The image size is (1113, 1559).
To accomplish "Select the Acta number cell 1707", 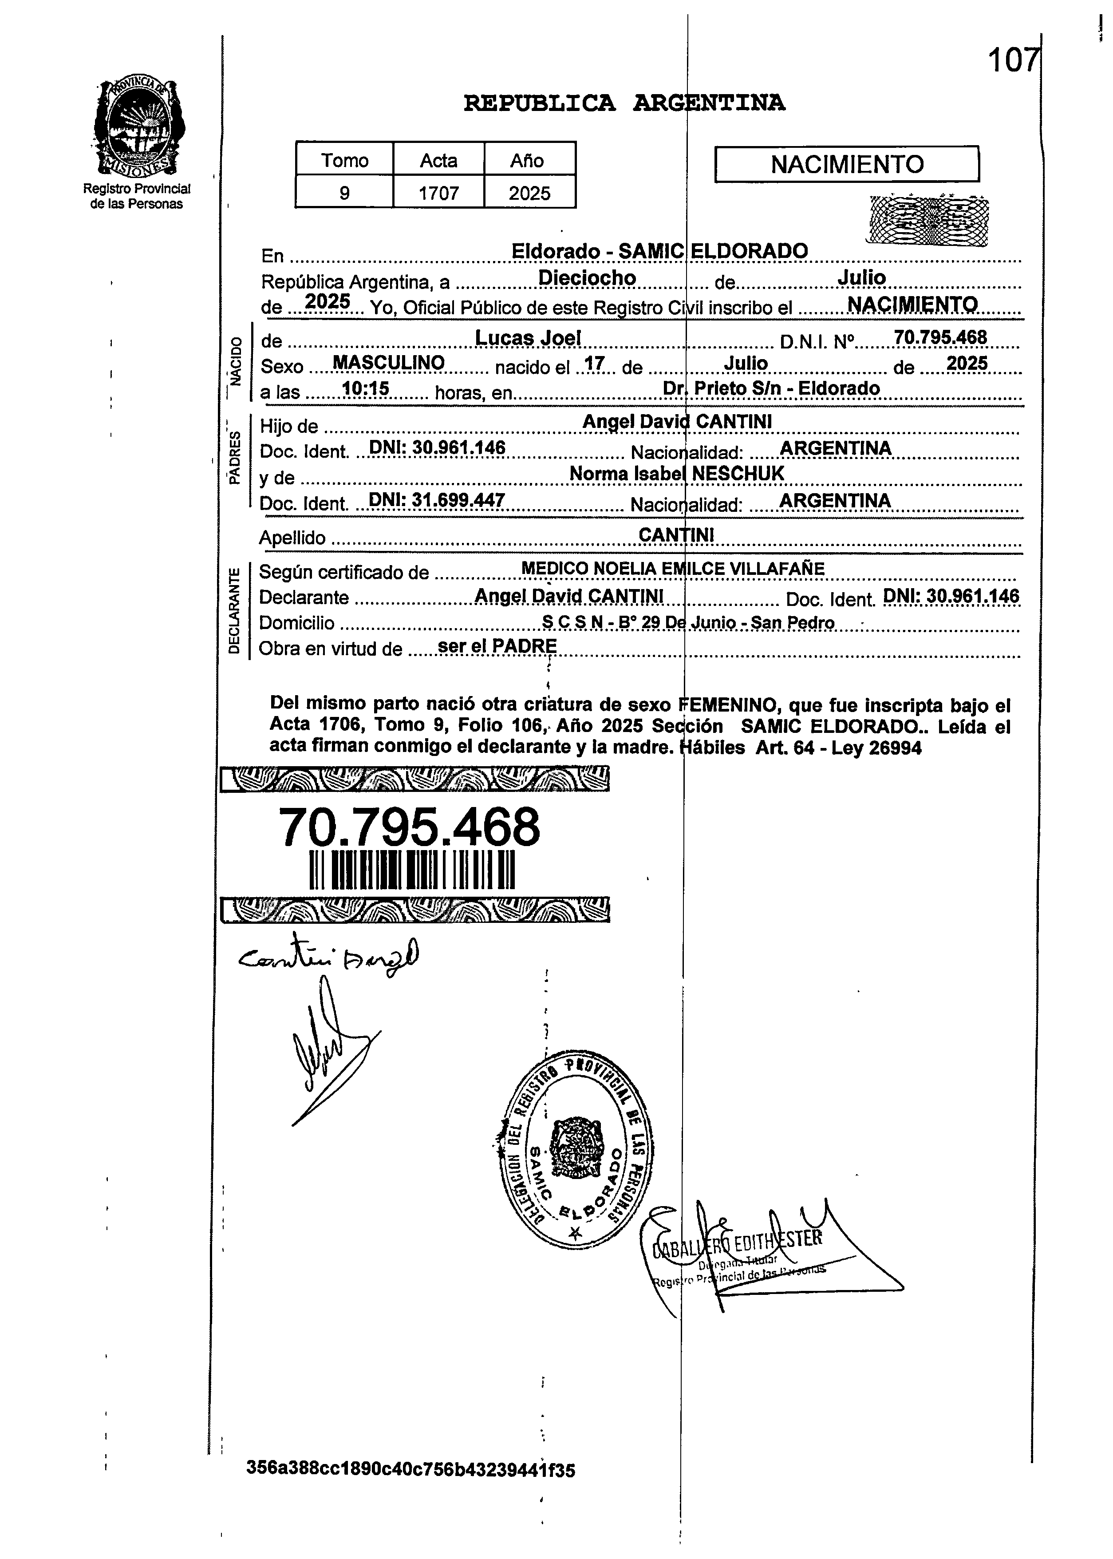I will tap(438, 194).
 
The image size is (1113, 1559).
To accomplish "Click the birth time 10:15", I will tap(365, 389).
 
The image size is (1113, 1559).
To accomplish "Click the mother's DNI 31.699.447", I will tap(437, 500).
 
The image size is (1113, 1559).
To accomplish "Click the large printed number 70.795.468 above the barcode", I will tap(409, 827).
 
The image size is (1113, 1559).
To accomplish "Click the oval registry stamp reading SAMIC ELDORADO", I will tap(574, 1152).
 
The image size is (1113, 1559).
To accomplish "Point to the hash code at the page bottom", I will tap(410, 1469).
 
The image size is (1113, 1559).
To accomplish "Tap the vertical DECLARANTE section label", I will tap(234, 610).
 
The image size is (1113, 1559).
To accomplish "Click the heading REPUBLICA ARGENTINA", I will tap(624, 103).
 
